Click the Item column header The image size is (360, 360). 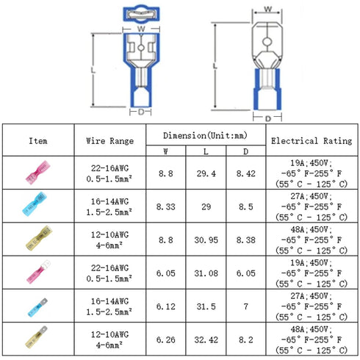click(38, 141)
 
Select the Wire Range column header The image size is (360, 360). click(110, 141)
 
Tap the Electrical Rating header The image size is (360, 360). click(312, 141)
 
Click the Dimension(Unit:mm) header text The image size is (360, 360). click(205, 135)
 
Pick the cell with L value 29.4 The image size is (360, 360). click(206, 173)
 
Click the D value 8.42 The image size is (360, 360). click(246, 173)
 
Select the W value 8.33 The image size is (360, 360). click(166, 207)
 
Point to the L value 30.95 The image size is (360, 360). click(206, 240)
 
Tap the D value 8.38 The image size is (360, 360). click(246, 240)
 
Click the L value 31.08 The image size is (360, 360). click(206, 273)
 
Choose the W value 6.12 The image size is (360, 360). click(166, 306)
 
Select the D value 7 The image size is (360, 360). click(246, 306)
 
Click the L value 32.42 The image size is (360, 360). click(206, 340)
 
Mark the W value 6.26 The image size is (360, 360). click(166, 340)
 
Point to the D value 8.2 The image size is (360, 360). click(246, 340)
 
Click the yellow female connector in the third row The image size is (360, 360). click(39, 238)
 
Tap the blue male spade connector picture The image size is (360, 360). click(37, 307)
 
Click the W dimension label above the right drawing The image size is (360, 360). click(268, 9)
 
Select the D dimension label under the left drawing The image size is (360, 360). click(141, 112)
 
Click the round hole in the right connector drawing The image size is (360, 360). click(267, 42)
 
